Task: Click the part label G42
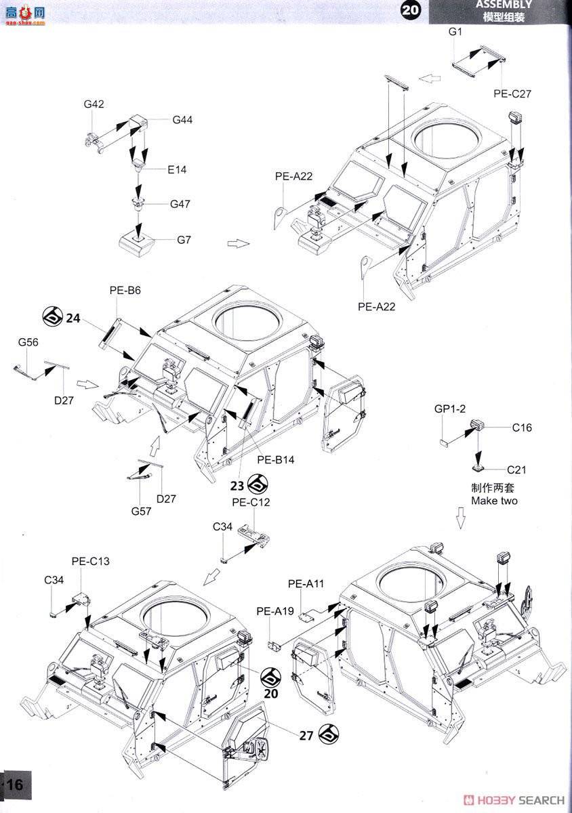94,104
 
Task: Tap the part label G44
182,119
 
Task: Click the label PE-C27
512,94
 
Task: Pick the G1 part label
455,33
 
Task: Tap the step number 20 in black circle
411,10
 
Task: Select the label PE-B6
125,290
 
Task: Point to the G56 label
28,343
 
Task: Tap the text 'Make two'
495,501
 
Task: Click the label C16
522,428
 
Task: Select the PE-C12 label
251,502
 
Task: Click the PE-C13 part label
90,561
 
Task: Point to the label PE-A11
306,583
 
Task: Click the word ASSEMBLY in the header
504,4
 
